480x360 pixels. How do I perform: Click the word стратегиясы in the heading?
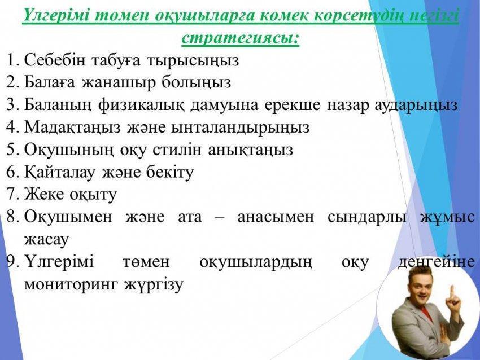241,39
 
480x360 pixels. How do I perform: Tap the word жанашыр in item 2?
119,82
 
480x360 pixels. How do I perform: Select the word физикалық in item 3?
142,106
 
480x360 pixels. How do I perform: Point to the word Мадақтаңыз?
72,128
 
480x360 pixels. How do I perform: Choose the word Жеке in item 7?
44,194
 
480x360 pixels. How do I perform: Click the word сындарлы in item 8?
367,217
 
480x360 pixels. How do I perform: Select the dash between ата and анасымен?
220,218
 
